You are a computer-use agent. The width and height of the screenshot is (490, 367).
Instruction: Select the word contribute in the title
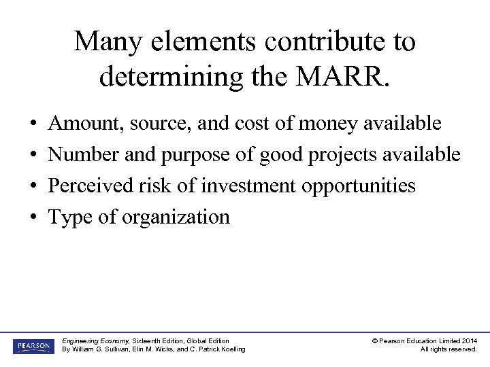[x=320, y=42]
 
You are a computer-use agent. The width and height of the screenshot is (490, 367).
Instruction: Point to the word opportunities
[x=359, y=186]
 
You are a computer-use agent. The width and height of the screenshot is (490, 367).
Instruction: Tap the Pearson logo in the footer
[x=33, y=346]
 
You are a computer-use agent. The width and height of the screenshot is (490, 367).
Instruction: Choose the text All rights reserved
[x=448, y=349]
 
